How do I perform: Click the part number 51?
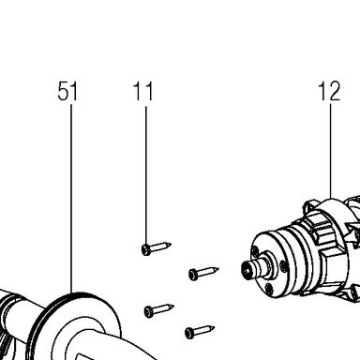point(67,91)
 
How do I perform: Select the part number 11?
point(143,91)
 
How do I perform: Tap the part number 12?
point(329,91)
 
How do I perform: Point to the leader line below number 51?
point(71,199)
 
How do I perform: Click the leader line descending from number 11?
point(145,175)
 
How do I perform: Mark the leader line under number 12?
point(331,151)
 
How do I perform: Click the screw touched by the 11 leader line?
point(157,247)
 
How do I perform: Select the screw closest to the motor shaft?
point(203,273)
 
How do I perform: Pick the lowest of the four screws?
point(200,332)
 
